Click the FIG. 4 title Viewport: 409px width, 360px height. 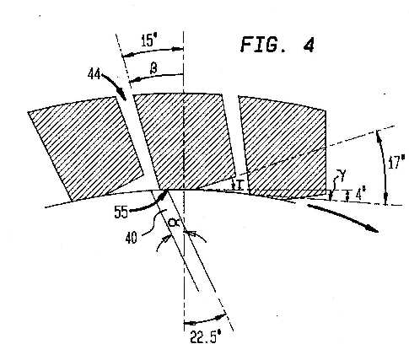(277, 45)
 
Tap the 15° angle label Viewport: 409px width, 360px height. (148, 40)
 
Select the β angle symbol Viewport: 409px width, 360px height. (153, 68)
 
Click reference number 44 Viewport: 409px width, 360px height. (94, 74)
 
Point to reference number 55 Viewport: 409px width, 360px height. (121, 212)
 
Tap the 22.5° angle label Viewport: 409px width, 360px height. (204, 336)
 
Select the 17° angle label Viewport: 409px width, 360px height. (396, 162)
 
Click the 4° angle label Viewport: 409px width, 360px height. (360, 195)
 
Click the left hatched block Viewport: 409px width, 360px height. (86, 149)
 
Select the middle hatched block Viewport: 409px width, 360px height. (184, 142)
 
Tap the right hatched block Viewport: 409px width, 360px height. (284, 146)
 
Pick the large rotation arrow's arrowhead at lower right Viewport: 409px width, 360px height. (373, 228)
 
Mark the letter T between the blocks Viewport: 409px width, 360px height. (239, 185)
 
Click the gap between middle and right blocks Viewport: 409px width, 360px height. (237, 141)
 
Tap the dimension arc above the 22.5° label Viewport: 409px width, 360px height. (205, 320)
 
